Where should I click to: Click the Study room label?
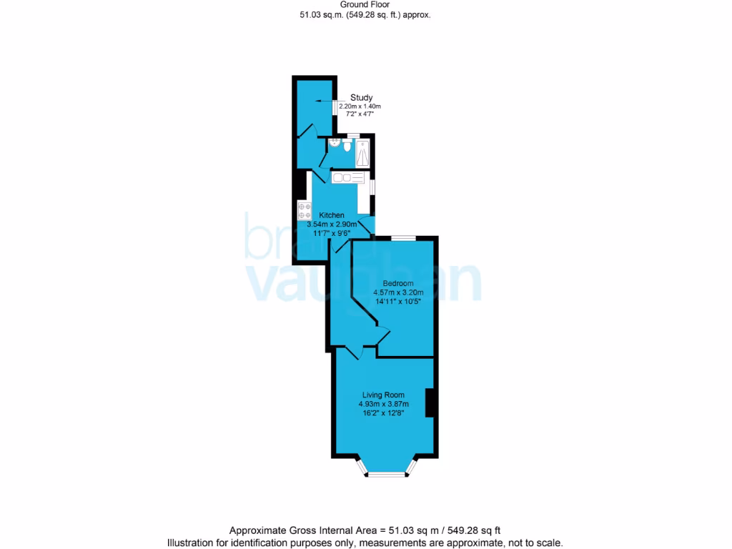click(x=361, y=98)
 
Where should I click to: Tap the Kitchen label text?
click(x=332, y=215)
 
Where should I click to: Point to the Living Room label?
click(x=383, y=395)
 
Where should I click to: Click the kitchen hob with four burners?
click(x=304, y=211)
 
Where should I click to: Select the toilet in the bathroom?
click(x=347, y=147)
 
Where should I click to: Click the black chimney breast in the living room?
click(x=431, y=402)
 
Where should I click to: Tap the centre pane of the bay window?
click(x=386, y=473)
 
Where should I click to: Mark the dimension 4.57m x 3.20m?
click(x=399, y=292)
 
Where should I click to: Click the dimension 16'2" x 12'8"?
click(x=383, y=412)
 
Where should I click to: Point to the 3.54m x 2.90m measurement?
click(x=332, y=224)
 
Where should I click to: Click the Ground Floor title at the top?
click(x=365, y=4)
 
